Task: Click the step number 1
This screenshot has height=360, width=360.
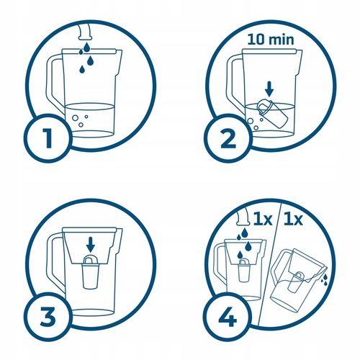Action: (48, 138)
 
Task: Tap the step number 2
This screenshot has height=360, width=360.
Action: (228, 138)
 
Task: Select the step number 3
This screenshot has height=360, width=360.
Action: (48, 317)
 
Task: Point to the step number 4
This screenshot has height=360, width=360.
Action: (228, 317)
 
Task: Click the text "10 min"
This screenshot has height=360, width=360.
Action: (271, 39)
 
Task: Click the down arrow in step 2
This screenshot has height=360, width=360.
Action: (269, 89)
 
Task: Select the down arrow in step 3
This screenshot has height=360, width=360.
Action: (91, 244)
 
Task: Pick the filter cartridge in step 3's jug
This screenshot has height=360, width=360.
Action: (90, 271)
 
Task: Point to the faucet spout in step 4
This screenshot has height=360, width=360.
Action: (243, 217)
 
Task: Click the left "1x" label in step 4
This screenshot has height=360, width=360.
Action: (263, 220)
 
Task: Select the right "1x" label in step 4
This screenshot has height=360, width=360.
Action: (293, 220)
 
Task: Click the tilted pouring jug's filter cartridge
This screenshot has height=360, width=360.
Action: (296, 282)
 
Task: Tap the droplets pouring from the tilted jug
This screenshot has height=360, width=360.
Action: (325, 279)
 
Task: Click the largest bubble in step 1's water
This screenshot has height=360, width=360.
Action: (75, 118)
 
